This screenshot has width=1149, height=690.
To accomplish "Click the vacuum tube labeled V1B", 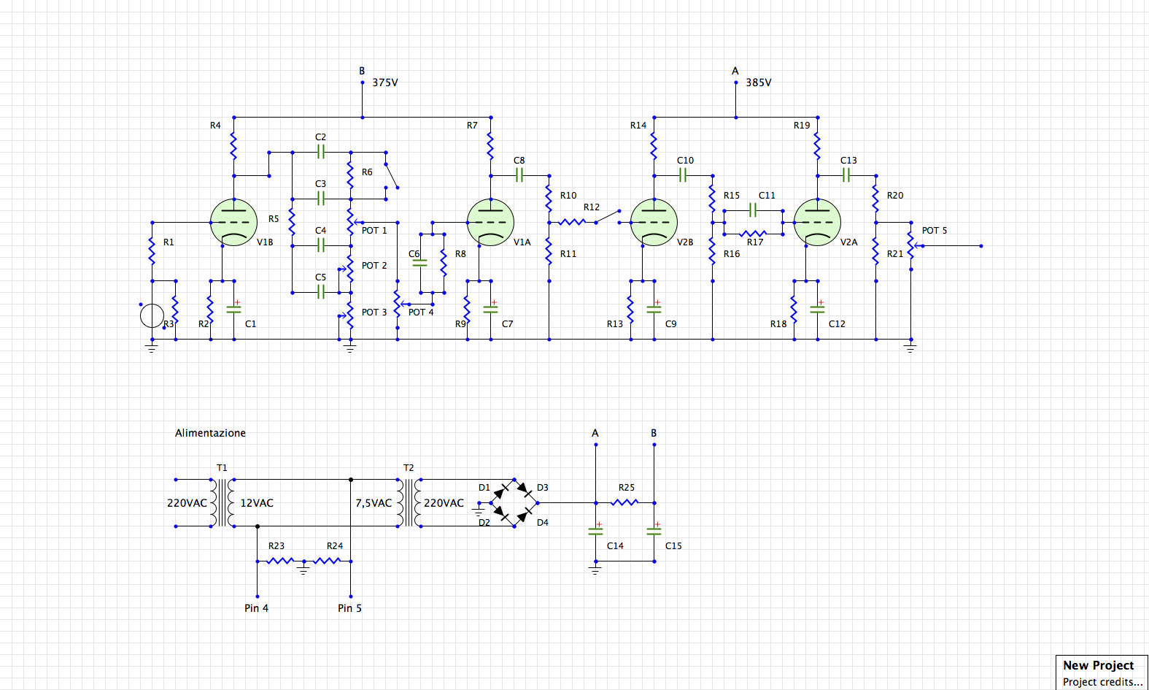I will pos(233,222).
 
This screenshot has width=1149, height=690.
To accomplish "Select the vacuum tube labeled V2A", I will pos(817,222).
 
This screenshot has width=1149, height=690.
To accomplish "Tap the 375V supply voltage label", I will pos(385,83).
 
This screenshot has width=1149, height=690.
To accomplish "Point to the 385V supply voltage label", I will pos(759,83).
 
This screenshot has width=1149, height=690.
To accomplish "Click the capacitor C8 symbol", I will pos(519,175).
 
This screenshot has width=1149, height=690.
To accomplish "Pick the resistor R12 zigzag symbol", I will pos(572,222).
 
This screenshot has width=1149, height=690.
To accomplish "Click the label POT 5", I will pos(935,231).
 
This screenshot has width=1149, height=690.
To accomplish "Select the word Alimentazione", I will pos(210,433).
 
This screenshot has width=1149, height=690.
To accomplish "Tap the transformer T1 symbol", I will pos(222,502).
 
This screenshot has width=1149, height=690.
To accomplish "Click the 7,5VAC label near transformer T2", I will pos(374,503).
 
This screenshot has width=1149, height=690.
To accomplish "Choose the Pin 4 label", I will pos(256,608).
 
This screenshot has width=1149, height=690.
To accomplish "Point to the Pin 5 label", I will pos(349,608).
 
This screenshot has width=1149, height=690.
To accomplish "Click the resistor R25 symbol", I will pos(624,502).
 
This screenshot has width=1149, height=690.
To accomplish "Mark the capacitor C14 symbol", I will pos(595,531).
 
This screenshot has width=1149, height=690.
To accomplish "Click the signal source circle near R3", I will pos(152,315).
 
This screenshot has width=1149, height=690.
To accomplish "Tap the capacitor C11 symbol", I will pos(753,210).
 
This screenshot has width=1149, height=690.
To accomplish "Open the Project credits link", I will pos(1102,682).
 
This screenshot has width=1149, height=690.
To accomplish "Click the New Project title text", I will pos(1098,665).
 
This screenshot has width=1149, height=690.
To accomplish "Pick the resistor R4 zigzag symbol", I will pos(233,146).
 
